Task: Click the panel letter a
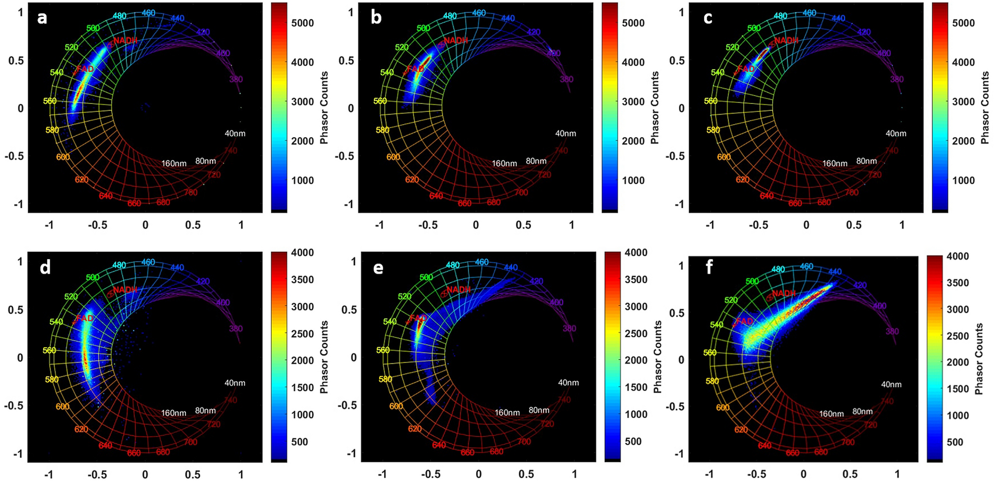point(42,18)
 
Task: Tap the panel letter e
point(378,268)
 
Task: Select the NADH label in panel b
point(456,40)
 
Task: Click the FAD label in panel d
point(85,319)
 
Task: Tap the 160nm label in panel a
point(174,164)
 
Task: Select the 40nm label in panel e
point(568,383)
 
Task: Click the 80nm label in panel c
point(867,161)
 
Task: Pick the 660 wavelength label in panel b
point(464,203)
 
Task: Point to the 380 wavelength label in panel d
point(236,329)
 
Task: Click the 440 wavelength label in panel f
point(835,271)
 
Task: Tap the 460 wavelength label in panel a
point(148,12)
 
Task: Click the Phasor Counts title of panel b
point(655,108)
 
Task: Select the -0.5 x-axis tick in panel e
point(431,474)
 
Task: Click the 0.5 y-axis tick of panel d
point(16,310)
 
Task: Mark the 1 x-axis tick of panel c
point(902,225)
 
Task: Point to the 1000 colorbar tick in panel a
point(303,180)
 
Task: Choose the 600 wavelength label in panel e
point(396,406)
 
